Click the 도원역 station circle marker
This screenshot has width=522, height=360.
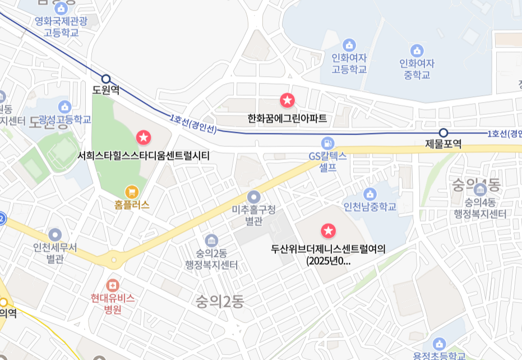coord(105,79)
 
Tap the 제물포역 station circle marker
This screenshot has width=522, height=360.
coord(444,133)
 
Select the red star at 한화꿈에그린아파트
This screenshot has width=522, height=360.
coord(287,101)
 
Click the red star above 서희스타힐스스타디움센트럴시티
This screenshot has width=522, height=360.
coord(144,136)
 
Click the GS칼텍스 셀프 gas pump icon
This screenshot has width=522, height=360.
coord(328,143)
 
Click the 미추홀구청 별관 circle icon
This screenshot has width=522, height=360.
coord(254,197)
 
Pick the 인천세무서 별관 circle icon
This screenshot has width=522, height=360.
coord(55,234)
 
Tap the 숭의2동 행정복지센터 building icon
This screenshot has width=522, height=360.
coord(211,241)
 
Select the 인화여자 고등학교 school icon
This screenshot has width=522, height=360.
coord(349,45)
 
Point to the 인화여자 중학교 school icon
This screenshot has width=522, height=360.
coord(417,50)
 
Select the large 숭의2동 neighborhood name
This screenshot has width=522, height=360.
coord(220,302)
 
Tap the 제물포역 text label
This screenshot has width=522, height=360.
coord(444,145)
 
